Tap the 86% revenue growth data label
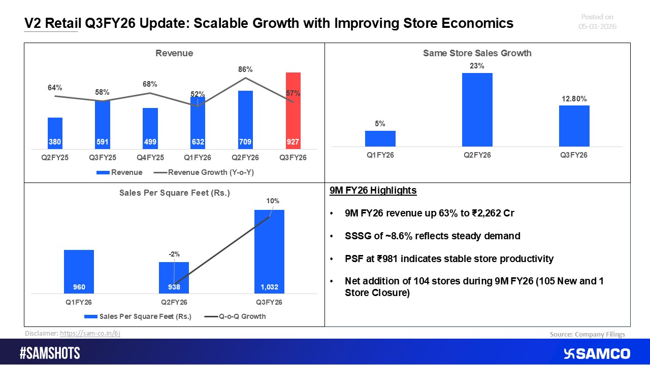pyautogui.click(x=245, y=69)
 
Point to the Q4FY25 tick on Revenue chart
pyautogui.click(x=150, y=158)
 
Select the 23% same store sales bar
pyautogui.click(x=477, y=109)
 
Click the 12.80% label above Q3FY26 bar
pyautogui.click(x=574, y=98)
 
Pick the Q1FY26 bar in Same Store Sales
pyautogui.click(x=380, y=138)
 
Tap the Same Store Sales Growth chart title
pyautogui.click(x=477, y=53)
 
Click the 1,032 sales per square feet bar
pyautogui.click(x=269, y=251)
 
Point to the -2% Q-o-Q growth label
pyautogui.click(x=174, y=254)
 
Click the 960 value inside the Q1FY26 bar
pyautogui.click(x=79, y=287)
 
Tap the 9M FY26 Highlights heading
pyautogui.click(x=373, y=191)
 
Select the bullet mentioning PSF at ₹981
pyautogui.click(x=449, y=259)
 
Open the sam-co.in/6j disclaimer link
pyautogui.click(x=90, y=334)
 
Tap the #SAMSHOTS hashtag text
pyautogui.click(x=50, y=353)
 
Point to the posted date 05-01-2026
pyautogui.click(x=597, y=26)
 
